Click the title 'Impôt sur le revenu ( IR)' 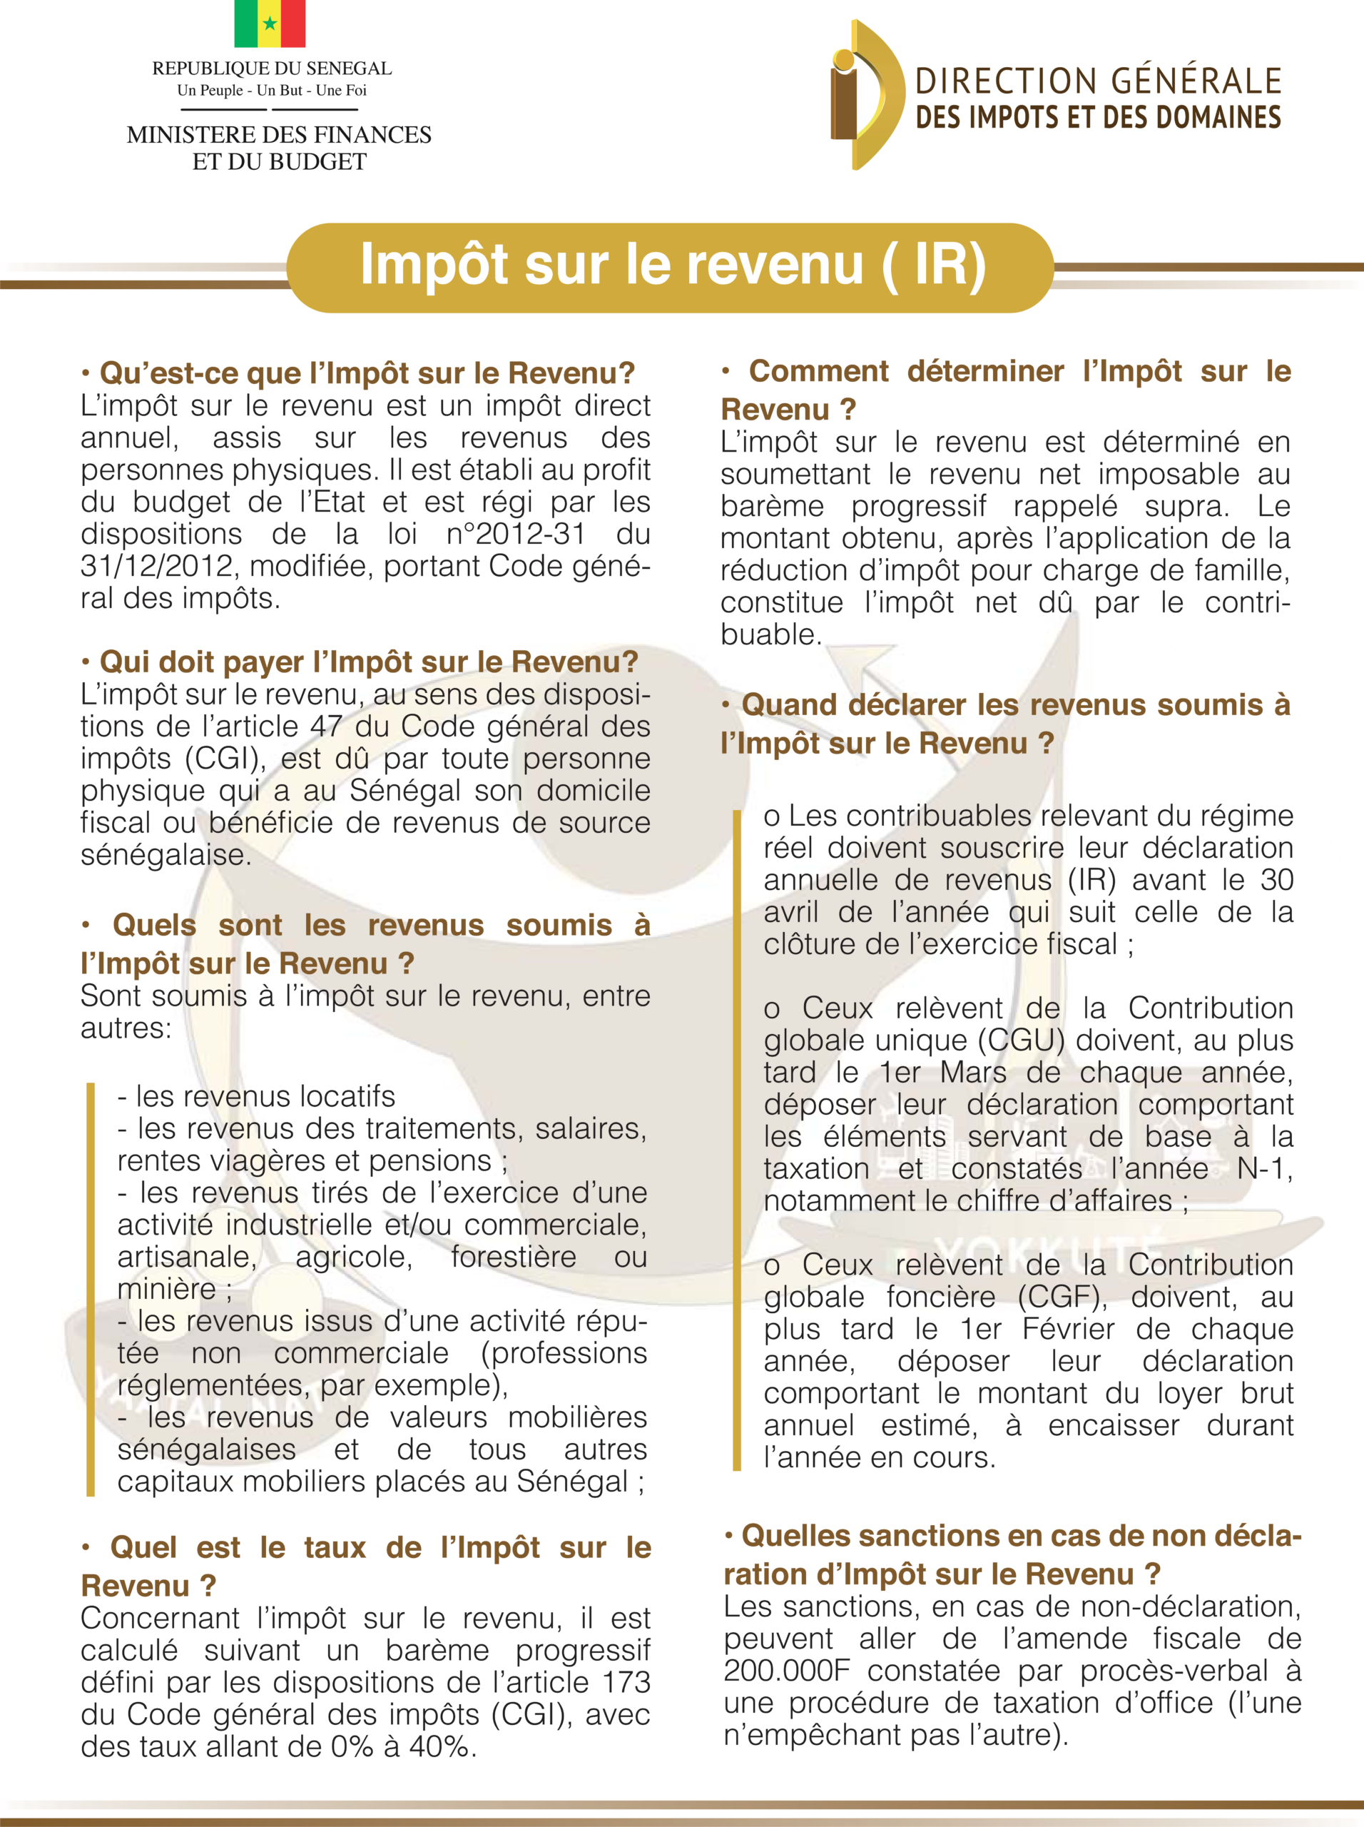coord(672,266)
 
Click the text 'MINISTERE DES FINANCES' coord(279,135)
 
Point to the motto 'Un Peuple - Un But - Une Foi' coord(272,90)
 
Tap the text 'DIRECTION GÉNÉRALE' coord(1098,82)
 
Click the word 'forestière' coord(514,1256)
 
